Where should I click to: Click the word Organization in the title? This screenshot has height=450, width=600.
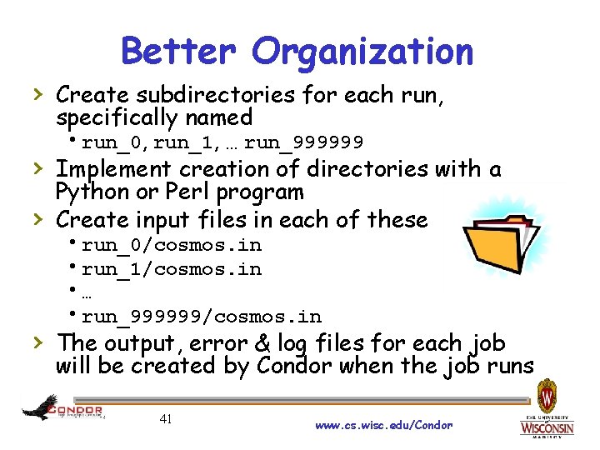[364, 52]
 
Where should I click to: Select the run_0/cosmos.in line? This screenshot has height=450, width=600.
[171, 245]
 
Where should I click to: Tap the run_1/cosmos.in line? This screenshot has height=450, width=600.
[171, 269]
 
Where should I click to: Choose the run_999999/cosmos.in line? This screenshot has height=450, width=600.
[201, 317]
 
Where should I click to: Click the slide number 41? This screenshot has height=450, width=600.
[165, 419]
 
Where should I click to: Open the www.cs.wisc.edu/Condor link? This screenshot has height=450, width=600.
[384, 425]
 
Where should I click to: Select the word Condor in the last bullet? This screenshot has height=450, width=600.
[289, 367]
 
